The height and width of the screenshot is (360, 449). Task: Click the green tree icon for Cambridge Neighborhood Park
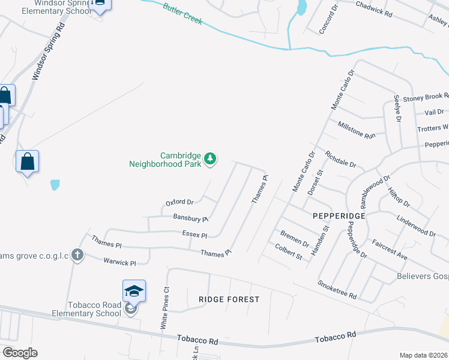[209, 159]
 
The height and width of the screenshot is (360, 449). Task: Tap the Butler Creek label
[182, 14]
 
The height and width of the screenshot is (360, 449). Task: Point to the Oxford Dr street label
[179, 203]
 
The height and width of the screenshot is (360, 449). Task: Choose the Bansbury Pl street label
[190, 218]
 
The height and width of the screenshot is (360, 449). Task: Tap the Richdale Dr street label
[340, 159]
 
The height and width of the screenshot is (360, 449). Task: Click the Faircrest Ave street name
[390, 251]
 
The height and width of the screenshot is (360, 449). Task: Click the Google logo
[20, 352]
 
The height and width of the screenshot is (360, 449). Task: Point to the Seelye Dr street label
[397, 109]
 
